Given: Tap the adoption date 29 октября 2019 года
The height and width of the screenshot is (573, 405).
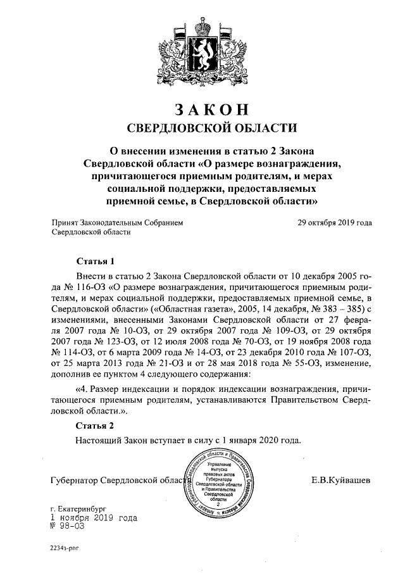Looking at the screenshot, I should coord(334,223).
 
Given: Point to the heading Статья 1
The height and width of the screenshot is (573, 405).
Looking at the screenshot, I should coord(95,261).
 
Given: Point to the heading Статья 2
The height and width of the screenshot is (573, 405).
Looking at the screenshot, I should coord(95,425).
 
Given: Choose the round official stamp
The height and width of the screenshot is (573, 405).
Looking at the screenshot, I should coord(217,484).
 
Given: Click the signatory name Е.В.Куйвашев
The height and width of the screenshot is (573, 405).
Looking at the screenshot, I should coord(342,481).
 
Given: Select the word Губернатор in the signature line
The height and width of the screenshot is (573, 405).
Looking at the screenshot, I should coord(75,481).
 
